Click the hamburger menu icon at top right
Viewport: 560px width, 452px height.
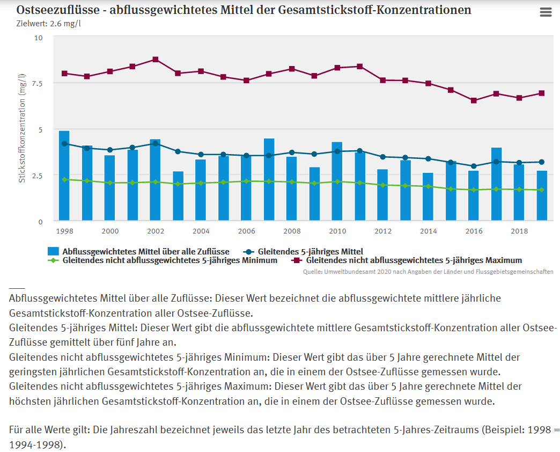tap(546, 12)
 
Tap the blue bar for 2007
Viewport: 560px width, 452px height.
tap(269, 179)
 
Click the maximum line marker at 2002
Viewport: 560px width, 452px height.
tap(156, 59)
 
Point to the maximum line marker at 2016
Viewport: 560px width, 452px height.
tap(474, 100)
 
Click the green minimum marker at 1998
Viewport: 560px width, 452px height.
tap(64, 179)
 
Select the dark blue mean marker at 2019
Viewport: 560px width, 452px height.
tap(542, 162)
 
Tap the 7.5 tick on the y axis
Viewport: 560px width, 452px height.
tap(38, 83)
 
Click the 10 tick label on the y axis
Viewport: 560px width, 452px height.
tap(39, 38)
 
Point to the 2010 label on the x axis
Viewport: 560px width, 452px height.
tap(337, 230)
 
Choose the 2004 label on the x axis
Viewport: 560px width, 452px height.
tap(201, 230)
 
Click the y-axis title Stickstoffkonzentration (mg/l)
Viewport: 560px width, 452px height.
tap(22, 129)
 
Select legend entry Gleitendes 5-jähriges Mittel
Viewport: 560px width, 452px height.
tap(310, 251)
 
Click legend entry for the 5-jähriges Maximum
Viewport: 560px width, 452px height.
tap(414, 260)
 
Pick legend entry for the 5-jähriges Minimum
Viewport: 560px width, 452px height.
tap(170, 260)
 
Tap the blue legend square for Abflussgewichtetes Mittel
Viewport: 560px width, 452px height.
tap(53, 251)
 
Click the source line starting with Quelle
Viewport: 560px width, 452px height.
tap(428, 272)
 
